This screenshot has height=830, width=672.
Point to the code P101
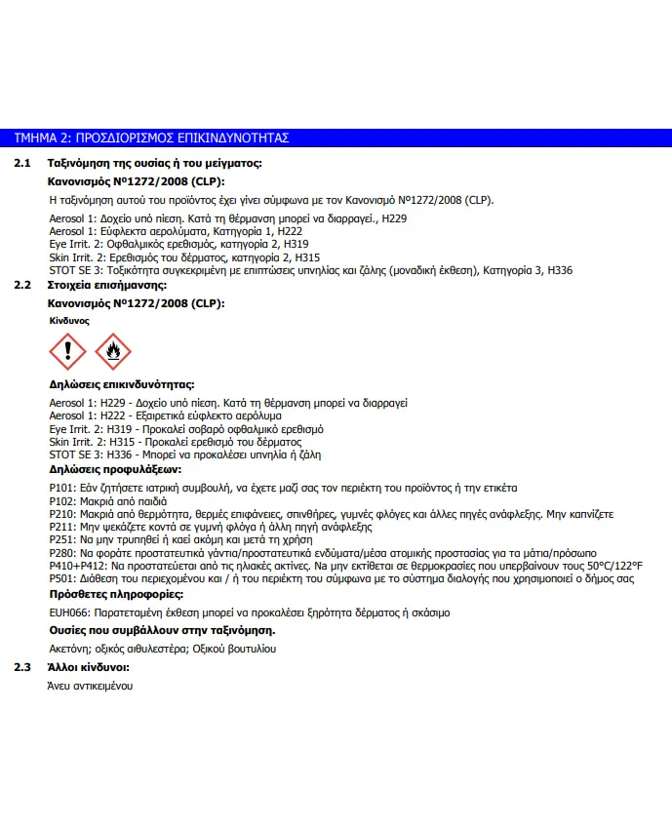pos(61,487)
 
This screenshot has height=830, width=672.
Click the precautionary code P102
pos(61,500)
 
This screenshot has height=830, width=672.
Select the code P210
pos(61,513)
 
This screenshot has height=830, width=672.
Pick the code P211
pos(61,526)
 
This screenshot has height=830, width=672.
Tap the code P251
pos(61,539)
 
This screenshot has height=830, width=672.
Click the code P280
pos(61,553)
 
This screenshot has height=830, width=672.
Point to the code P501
pos(61,579)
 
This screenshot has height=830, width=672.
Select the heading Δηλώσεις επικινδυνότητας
pos(121,385)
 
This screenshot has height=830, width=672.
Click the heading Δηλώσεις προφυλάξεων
pos(115,470)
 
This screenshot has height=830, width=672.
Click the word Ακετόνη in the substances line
pos(69,649)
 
